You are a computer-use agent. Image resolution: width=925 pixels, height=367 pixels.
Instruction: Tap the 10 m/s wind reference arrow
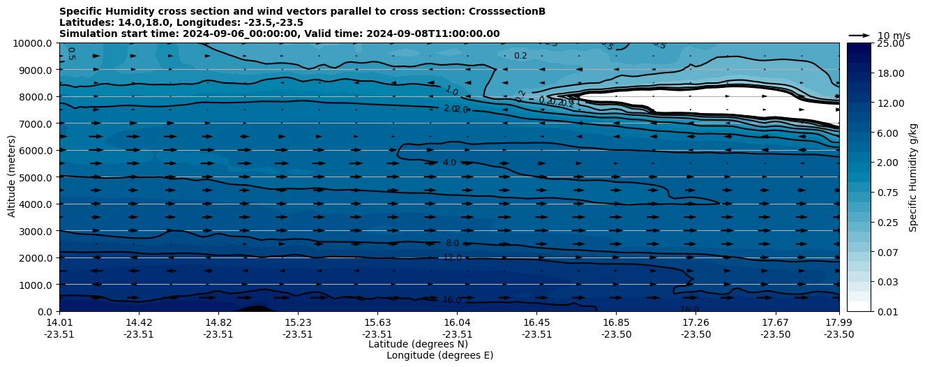pos(859,36)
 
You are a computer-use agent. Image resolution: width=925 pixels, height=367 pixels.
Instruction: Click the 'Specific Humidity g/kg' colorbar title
pos(914,177)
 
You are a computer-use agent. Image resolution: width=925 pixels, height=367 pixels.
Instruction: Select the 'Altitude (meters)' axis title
pos(12,177)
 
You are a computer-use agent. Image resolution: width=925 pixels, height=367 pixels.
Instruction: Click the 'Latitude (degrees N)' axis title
pos(418,344)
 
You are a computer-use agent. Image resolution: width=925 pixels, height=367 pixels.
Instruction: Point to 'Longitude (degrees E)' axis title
pos(439,355)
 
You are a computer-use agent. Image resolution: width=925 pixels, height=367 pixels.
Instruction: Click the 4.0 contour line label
pos(449,163)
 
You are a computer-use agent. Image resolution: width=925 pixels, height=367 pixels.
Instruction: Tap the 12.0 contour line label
pos(452,257)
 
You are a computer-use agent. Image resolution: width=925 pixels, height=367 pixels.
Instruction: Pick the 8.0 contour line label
pos(452,243)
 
